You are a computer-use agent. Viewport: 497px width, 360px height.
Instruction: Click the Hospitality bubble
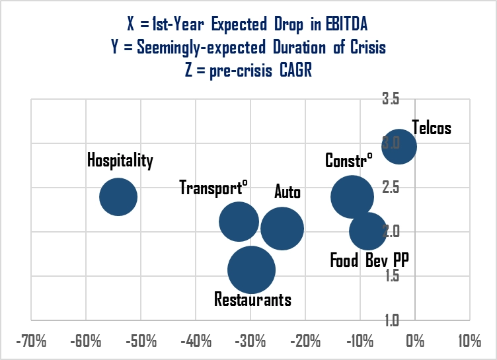click(118, 196)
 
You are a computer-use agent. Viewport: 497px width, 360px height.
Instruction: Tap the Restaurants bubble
click(251, 270)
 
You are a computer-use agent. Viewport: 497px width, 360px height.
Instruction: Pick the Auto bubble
click(282, 229)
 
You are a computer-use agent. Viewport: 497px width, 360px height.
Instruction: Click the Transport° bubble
click(239, 222)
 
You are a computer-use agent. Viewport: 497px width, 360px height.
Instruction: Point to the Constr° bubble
click(352, 196)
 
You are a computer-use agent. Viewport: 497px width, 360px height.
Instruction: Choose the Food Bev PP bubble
click(368, 231)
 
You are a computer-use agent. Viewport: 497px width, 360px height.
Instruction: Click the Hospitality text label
click(120, 161)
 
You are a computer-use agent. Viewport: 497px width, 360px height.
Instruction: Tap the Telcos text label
click(431, 127)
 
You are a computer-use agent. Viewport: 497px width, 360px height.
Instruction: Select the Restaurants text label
click(252, 299)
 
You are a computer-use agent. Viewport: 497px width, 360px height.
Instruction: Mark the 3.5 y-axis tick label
click(391, 99)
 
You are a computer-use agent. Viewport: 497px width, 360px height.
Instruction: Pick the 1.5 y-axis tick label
click(391, 276)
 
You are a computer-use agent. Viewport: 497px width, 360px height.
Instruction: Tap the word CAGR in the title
click(289, 69)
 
